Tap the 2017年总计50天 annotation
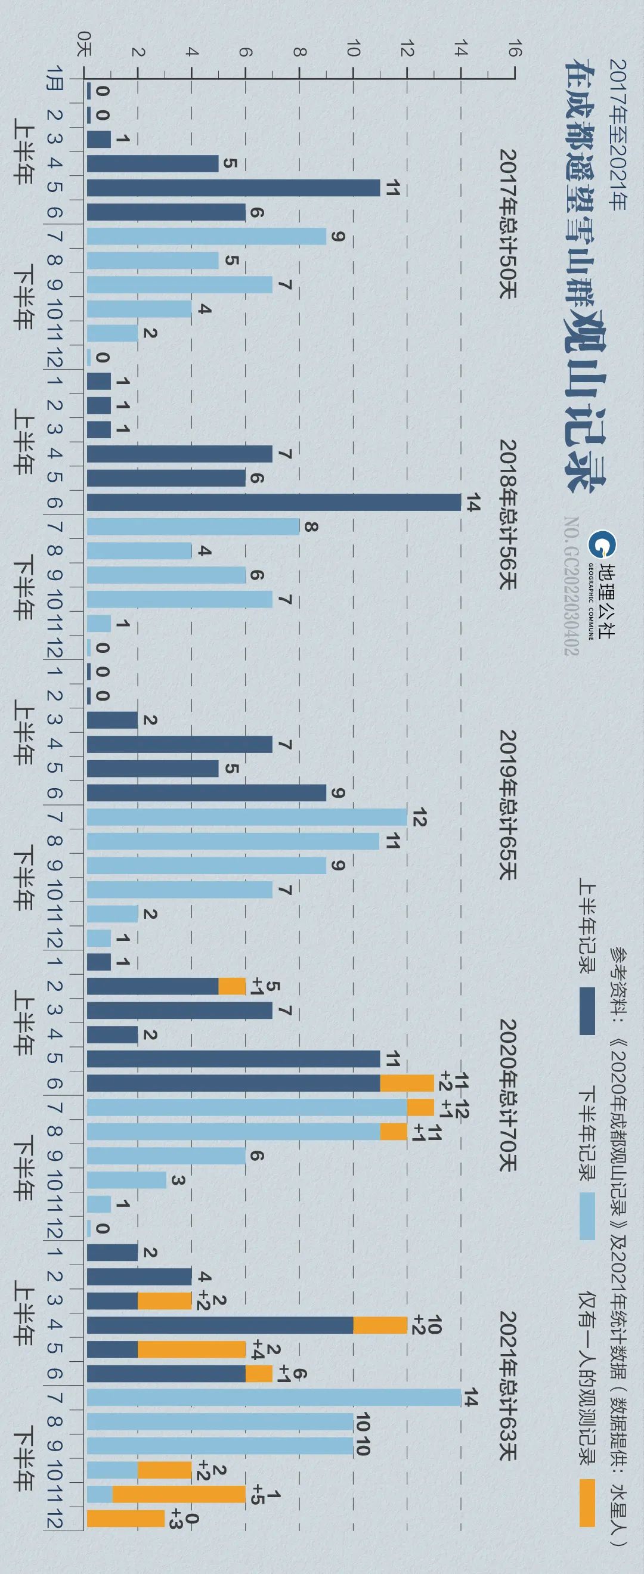[x=507, y=224]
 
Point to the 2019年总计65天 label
[x=507, y=805]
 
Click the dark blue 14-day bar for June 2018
[x=274, y=502]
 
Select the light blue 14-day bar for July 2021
[x=274, y=1398]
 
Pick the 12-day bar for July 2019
[x=247, y=817]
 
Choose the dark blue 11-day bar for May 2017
[x=233, y=188]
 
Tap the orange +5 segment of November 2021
[x=179, y=1495]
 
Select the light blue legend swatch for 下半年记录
[x=587, y=1216]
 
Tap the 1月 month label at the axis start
[x=55, y=78]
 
